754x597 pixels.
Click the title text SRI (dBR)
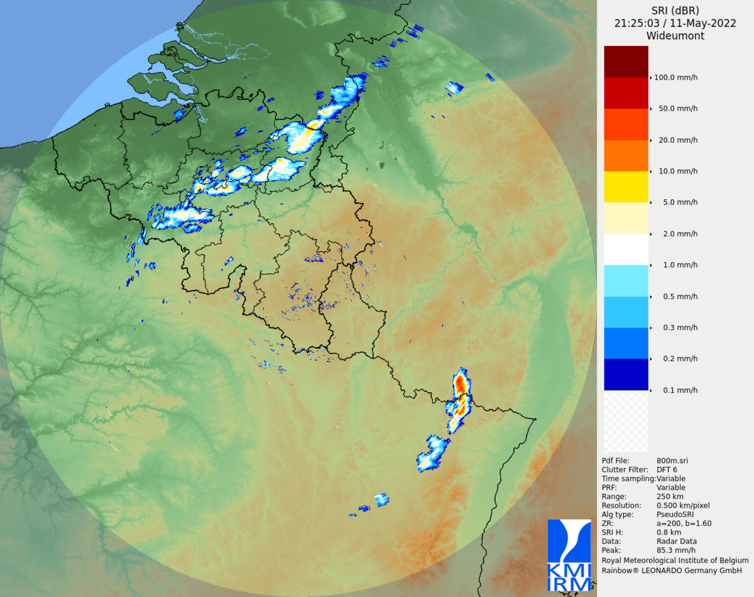tap(675, 11)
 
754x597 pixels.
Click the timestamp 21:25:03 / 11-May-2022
tap(675, 23)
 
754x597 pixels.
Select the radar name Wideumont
tap(675, 36)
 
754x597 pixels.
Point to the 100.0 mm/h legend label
tap(675, 78)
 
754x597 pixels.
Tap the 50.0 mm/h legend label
tap(677, 109)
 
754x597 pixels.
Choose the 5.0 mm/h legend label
tap(680, 202)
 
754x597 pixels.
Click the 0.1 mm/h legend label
tap(680, 390)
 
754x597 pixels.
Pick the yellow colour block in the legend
tap(626, 187)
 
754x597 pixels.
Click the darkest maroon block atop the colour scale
tap(626, 62)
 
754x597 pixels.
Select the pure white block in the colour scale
tap(626, 249)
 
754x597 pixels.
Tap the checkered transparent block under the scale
tap(626, 421)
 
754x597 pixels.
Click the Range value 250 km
tap(670, 496)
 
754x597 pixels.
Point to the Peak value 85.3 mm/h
tap(676, 550)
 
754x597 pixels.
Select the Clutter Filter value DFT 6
tap(667, 469)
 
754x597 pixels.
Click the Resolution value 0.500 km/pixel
tap(683, 505)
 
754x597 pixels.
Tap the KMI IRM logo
tap(569, 556)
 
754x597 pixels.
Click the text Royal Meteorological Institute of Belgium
tap(675, 560)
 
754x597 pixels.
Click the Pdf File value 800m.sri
tap(672, 461)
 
